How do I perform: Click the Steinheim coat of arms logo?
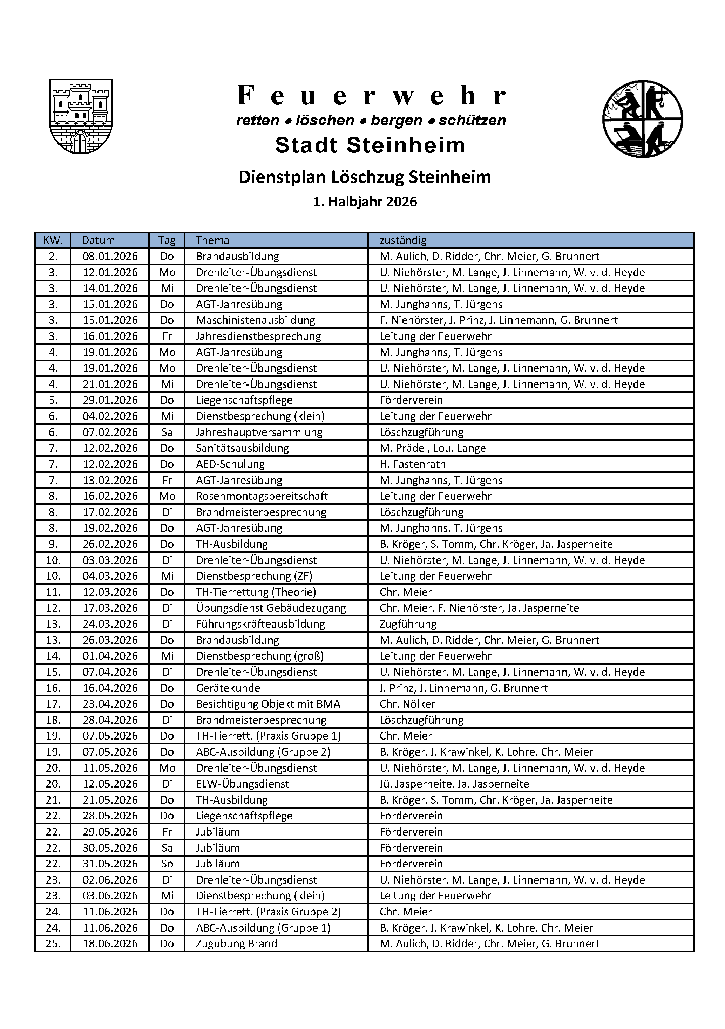[x=81, y=116]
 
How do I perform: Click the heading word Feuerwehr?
[x=371, y=95]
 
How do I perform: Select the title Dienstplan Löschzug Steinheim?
[x=365, y=177]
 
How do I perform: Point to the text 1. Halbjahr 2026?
[x=365, y=202]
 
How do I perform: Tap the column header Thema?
[x=212, y=240]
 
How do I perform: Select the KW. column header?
[x=53, y=240]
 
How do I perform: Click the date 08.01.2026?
[x=110, y=256]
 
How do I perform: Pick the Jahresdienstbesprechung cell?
[x=258, y=336]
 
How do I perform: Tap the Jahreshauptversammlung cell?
[x=259, y=432]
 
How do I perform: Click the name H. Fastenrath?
[x=413, y=464]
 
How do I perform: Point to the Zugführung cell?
[x=408, y=624]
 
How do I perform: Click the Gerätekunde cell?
[x=228, y=688]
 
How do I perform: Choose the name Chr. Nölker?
[x=407, y=704]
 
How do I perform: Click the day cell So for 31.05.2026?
[x=167, y=864]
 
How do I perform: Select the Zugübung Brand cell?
[x=236, y=943]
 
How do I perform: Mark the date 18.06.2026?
[x=110, y=943]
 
